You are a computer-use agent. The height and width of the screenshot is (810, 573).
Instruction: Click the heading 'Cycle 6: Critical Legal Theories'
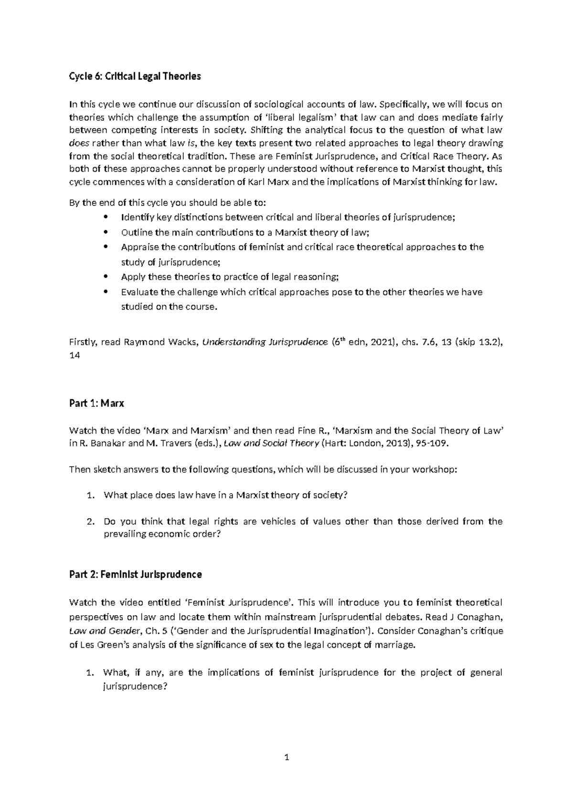[x=135, y=76]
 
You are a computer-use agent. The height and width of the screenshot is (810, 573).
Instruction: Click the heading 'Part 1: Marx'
[x=96, y=403]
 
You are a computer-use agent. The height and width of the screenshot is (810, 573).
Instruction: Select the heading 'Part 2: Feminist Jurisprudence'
[x=135, y=574]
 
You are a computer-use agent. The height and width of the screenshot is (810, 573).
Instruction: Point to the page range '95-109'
[x=432, y=443]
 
